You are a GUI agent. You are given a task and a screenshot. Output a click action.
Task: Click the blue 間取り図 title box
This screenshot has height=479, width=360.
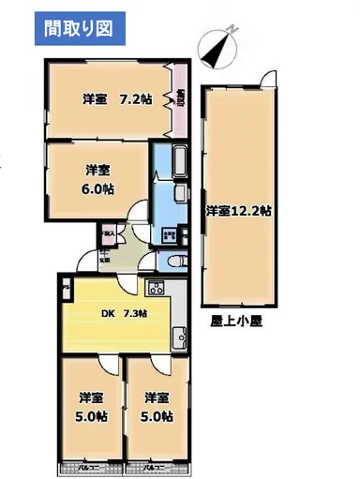pos(77,28)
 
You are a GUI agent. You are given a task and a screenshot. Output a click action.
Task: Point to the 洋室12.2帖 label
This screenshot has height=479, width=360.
pos(239,211)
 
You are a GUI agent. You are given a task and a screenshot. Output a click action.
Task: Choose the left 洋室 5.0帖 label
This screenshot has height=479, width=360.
pos(91,405)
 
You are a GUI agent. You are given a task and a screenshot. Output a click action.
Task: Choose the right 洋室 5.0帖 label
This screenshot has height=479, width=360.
pos(156,405)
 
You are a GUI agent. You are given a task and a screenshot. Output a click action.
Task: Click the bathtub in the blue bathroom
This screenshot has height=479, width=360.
pos(183,166)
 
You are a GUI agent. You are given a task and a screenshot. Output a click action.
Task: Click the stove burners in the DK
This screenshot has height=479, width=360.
pos(156,287)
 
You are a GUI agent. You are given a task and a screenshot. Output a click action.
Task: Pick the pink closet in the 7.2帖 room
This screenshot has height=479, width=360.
pos(179,97)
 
